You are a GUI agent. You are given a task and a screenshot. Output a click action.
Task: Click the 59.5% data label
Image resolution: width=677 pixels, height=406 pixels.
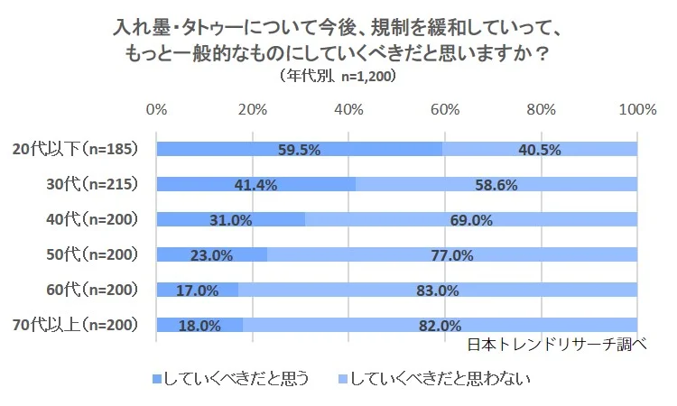[x=299, y=150]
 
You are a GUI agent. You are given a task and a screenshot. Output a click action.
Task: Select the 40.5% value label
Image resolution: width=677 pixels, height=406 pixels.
[x=540, y=150]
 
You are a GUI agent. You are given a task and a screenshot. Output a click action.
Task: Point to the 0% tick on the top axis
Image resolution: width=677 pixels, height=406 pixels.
[x=156, y=110]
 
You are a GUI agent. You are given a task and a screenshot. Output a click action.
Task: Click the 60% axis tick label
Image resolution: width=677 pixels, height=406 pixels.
[x=444, y=110]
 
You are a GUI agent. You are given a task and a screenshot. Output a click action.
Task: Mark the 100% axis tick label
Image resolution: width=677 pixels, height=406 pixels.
[x=638, y=110]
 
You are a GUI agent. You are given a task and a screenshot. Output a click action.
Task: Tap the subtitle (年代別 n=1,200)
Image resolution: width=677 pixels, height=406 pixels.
[x=338, y=77]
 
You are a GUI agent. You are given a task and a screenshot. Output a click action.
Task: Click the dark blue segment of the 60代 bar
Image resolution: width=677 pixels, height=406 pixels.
[x=197, y=291]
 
